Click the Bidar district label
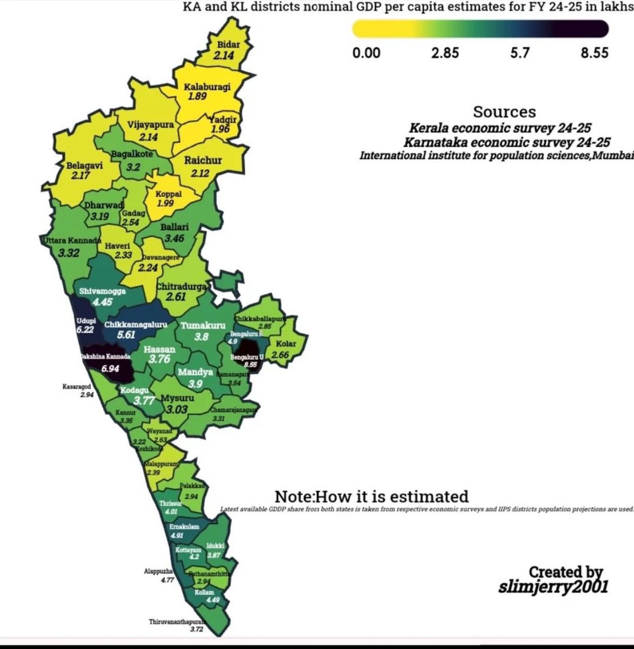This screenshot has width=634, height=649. [x=228, y=45]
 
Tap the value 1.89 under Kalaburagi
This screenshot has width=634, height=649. [x=197, y=97]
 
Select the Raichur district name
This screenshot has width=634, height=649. [x=203, y=161]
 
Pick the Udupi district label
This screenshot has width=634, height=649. [x=85, y=321]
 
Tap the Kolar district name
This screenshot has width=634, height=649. [x=285, y=344]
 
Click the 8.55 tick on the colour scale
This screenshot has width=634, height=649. [x=595, y=52]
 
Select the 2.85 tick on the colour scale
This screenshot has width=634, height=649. [x=445, y=52]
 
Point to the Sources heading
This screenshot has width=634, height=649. [x=504, y=112]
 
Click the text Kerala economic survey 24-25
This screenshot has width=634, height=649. [x=500, y=129]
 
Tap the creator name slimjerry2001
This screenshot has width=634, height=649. [x=553, y=586]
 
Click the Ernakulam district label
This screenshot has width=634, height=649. [x=184, y=526]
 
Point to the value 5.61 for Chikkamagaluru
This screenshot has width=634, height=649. [x=126, y=335]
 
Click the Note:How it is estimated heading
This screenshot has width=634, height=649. [x=371, y=496]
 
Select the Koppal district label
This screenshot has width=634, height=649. [x=168, y=194]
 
